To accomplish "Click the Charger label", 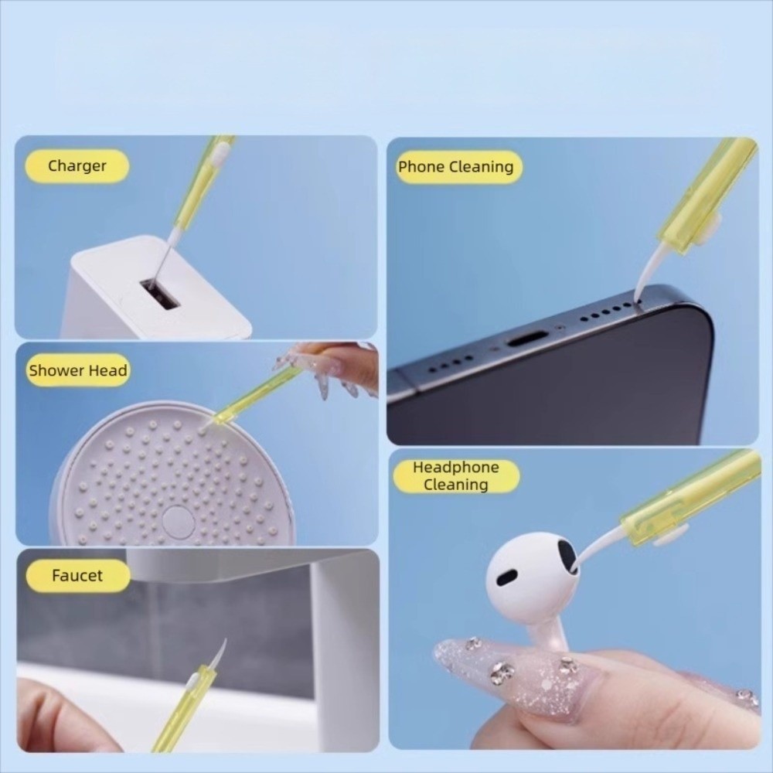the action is (x=77, y=166).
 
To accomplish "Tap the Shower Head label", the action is (x=78, y=370).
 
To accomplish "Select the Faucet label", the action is (x=77, y=575).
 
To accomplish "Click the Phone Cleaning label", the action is (x=456, y=167).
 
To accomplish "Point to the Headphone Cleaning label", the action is (x=456, y=475).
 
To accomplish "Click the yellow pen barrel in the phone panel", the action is (x=708, y=192).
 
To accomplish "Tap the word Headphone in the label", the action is (x=456, y=467).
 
